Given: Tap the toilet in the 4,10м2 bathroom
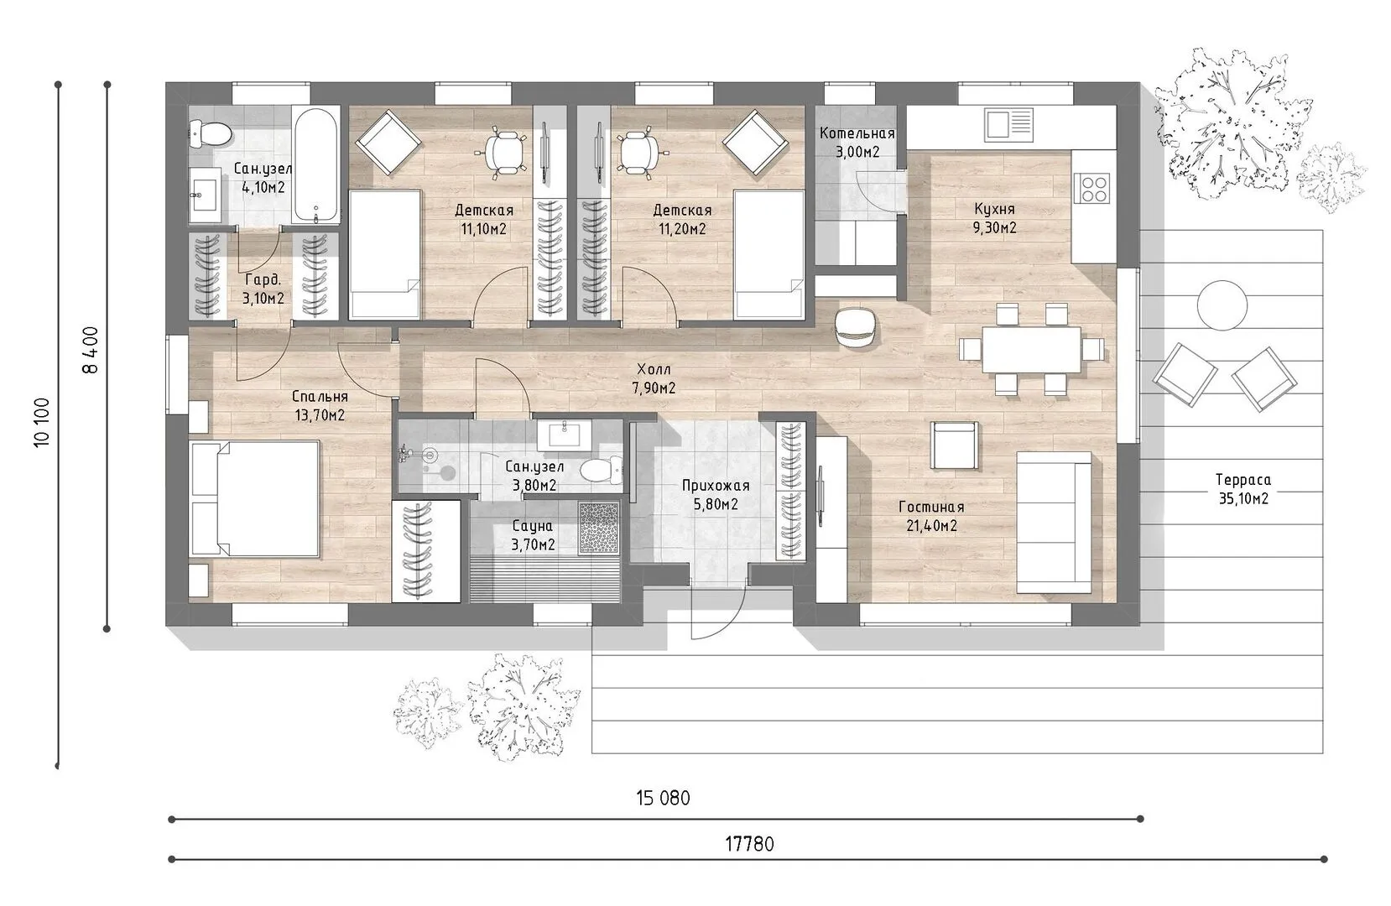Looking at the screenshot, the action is [x=211, y=133].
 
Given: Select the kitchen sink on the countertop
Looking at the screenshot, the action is [x=1008, y=124].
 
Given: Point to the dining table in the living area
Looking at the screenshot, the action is [x=1031, y=349].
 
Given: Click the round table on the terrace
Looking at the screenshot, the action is [x=1222, y=305].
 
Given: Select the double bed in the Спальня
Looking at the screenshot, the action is [x=254, y=498].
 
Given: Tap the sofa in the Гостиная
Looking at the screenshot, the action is [x=1054, y=523].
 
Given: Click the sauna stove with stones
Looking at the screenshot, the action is [x=599, y=528].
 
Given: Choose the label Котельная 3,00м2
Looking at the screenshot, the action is [x=857, y=143].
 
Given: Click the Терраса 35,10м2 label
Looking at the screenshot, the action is [x=1243, y=489].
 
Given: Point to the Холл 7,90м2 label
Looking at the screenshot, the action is [x=654, y=379].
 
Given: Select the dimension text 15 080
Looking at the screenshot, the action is [x=664, y=798].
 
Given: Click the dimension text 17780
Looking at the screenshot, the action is [x=749, y=845].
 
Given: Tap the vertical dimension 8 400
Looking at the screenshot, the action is [x=91, y=350].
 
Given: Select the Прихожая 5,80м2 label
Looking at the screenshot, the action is [x=716, y=495].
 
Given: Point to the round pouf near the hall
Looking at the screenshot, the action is [x=856, y=326].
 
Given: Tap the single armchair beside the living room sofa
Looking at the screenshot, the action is [x=955, y=445].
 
